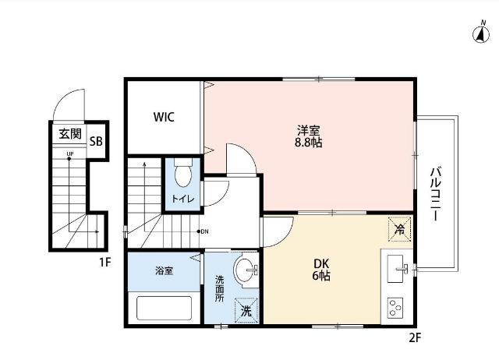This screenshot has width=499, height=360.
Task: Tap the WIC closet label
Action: (164, 118)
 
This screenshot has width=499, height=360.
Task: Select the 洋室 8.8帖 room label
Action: (309, 136)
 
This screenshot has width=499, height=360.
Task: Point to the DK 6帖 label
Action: (320, 270)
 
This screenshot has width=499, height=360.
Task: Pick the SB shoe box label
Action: (96, 142)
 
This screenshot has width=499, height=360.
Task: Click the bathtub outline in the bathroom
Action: (164, 307)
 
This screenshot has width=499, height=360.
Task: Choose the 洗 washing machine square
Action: (246, 310)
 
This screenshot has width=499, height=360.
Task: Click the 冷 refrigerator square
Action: (399, 228)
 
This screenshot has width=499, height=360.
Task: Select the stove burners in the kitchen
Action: (395, 306)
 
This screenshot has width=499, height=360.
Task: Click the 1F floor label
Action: (104, 262)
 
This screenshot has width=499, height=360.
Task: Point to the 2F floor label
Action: (415, 337)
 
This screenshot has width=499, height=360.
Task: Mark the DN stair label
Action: (204, 231)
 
